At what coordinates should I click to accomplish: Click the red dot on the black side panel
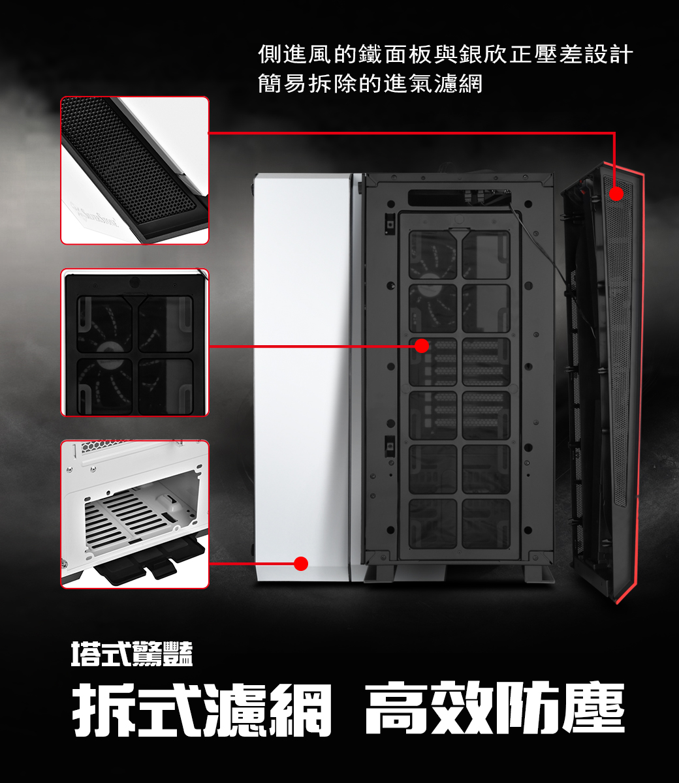616,194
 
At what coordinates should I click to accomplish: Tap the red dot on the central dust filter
422,345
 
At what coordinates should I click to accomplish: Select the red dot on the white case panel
300,564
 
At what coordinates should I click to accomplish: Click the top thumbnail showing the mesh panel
134,170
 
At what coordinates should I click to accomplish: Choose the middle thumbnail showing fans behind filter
134,343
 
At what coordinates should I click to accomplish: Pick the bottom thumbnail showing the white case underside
134,514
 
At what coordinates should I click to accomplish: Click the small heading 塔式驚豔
132,654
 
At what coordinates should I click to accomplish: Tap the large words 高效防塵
495,709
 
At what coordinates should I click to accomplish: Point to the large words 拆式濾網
202,709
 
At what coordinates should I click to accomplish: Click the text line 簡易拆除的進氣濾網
370,84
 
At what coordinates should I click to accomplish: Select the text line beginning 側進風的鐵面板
445,54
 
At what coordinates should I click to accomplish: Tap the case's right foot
539,573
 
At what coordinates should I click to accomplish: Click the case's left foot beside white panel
379,573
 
